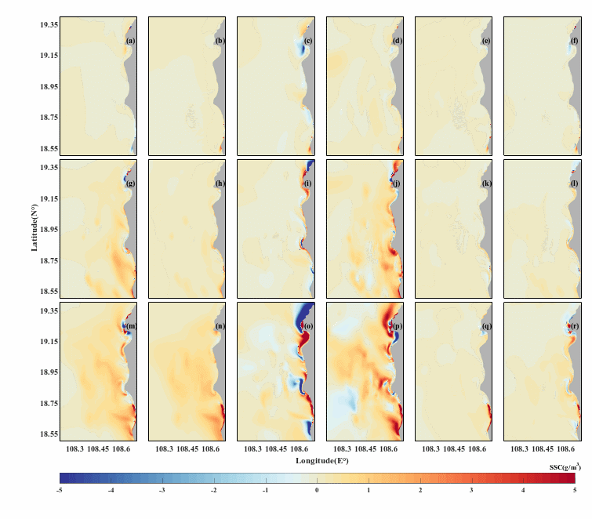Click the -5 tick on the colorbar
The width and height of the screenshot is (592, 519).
60,490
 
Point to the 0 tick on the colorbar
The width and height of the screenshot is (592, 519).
317,490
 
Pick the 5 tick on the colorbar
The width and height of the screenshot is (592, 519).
575,490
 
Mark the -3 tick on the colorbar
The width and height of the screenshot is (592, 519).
162,490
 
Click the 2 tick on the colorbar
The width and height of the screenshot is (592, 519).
420,490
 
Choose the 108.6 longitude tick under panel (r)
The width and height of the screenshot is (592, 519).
565,450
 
